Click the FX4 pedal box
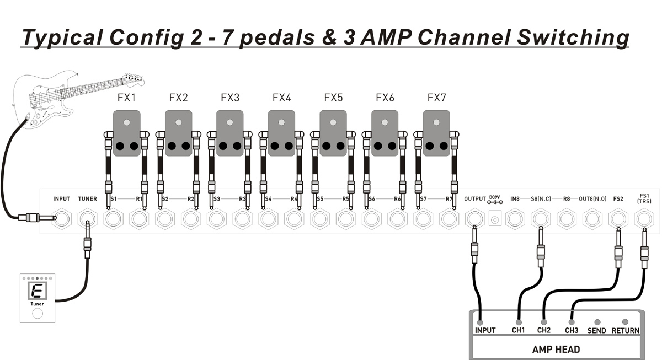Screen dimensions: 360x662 click(281, 132)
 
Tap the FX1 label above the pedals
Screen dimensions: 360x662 click(126, 98)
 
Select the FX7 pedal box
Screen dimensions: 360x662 click(436, 132)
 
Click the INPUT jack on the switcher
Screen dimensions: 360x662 click(62, 219)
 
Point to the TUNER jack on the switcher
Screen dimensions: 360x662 click(87, 219)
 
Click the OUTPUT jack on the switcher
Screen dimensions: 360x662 click(475, 219)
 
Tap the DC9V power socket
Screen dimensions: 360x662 click(495, 219)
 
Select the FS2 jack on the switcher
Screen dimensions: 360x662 click(618, 219)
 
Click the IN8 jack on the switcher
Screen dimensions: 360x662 click(515, 219)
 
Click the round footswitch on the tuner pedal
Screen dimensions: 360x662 click(37, 314)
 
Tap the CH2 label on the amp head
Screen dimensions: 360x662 click(544, 331)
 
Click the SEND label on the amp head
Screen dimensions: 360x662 click(596, 331)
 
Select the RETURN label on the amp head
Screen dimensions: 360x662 click(625, 331)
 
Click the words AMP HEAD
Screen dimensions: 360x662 click(556, 349)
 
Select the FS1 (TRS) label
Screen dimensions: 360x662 click(644, 198)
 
